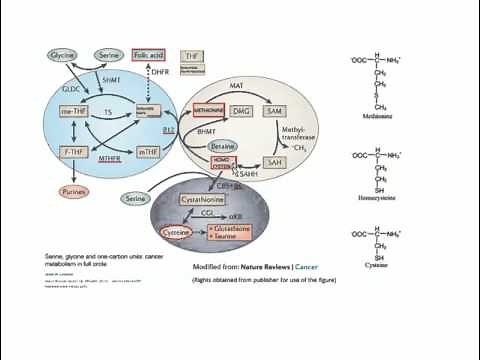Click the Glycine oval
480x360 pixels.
pyautogui.click(x=63, y=56)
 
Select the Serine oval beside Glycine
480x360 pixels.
pyautogui.click(x=111, y=56)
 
